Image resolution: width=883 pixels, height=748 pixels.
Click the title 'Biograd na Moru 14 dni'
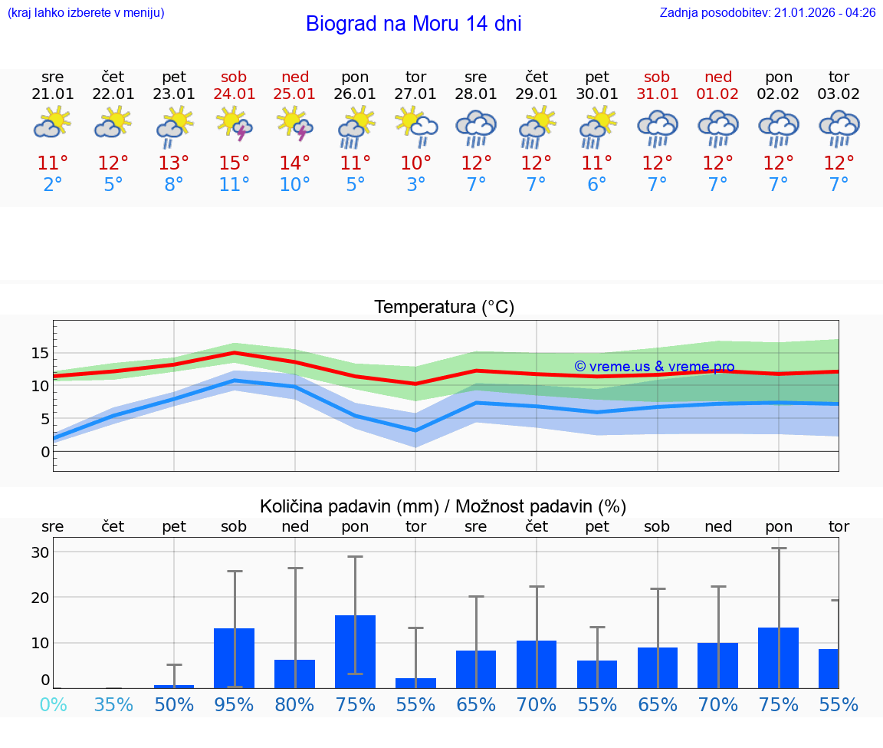413,24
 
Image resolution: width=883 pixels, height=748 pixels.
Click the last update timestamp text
767,13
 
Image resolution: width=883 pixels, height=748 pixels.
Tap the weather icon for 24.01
234,124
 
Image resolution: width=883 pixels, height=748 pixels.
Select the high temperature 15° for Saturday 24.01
234,163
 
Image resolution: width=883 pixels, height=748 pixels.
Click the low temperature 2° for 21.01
53,185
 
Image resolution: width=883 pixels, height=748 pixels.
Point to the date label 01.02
717,94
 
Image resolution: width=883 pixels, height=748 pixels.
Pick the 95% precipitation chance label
234,704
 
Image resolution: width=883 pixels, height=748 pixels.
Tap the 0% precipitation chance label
53,704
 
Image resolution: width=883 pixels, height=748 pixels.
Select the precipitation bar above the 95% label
234,658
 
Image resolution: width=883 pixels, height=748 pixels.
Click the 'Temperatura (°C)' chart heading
444,308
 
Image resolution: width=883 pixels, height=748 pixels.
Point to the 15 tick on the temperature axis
40,353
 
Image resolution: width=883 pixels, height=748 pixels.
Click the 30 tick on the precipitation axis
40,552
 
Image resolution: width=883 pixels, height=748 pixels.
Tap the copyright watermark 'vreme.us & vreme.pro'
655,367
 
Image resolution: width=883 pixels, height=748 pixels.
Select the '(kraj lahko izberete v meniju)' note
86,13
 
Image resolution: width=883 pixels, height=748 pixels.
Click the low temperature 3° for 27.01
415,185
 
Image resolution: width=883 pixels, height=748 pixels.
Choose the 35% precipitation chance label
113,704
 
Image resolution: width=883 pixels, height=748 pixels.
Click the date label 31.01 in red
657,94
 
